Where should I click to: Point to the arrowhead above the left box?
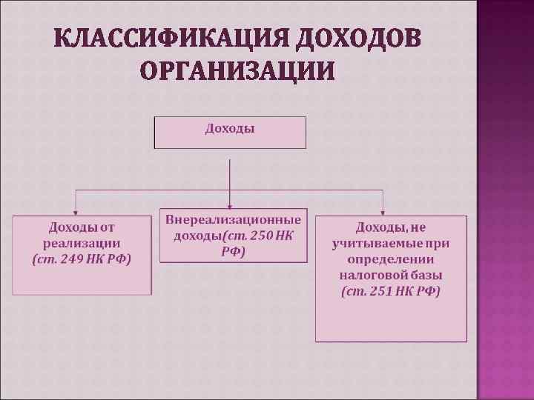tap(75, 211)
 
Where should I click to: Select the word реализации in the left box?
tap(82, 243)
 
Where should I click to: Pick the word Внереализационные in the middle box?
tap(234, 220)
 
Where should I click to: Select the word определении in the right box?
tap(391, 259)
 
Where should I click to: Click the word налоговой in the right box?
tap(375, 276)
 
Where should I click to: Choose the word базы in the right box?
tap(428, 276)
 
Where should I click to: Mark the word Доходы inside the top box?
tap(230, 129)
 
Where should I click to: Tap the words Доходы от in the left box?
tap(82, 227)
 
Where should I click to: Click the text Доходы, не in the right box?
tap(391, 227)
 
